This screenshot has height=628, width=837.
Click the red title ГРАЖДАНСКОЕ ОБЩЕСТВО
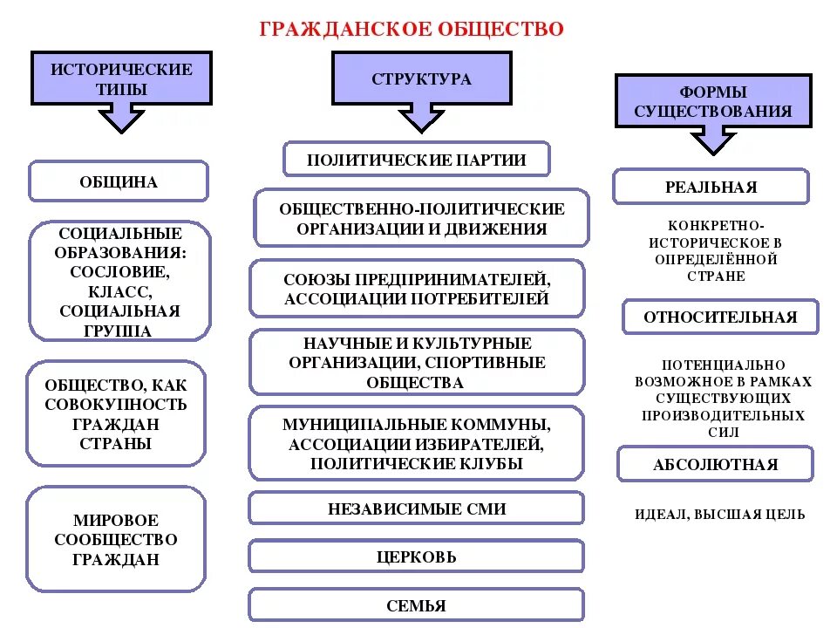[412, 30]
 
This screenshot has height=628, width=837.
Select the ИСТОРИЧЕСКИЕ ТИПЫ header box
[121, 78]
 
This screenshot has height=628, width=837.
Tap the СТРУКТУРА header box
[421, 78]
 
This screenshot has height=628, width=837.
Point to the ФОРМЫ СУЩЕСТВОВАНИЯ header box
[713, 101]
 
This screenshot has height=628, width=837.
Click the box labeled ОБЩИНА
[119, 182]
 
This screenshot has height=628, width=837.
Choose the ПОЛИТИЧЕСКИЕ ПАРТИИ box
[417, 160]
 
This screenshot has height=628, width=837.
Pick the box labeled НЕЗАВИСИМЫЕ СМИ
[417, 509]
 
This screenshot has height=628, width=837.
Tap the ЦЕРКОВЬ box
[417, 556]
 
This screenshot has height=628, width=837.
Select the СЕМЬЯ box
[417, 605]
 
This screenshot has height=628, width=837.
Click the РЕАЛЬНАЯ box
[711, 187]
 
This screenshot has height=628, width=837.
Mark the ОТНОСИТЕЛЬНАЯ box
[720, 317]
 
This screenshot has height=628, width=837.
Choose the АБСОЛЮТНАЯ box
[715, 465]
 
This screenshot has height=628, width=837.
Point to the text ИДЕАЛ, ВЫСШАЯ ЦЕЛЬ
[720, 515]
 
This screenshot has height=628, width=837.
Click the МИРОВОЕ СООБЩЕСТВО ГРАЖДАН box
[116, 540]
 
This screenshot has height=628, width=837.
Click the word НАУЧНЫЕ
[343, 344]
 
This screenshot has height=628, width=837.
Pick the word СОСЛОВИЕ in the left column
[121, 271]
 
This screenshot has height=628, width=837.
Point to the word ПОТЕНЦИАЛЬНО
[724, 365]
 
